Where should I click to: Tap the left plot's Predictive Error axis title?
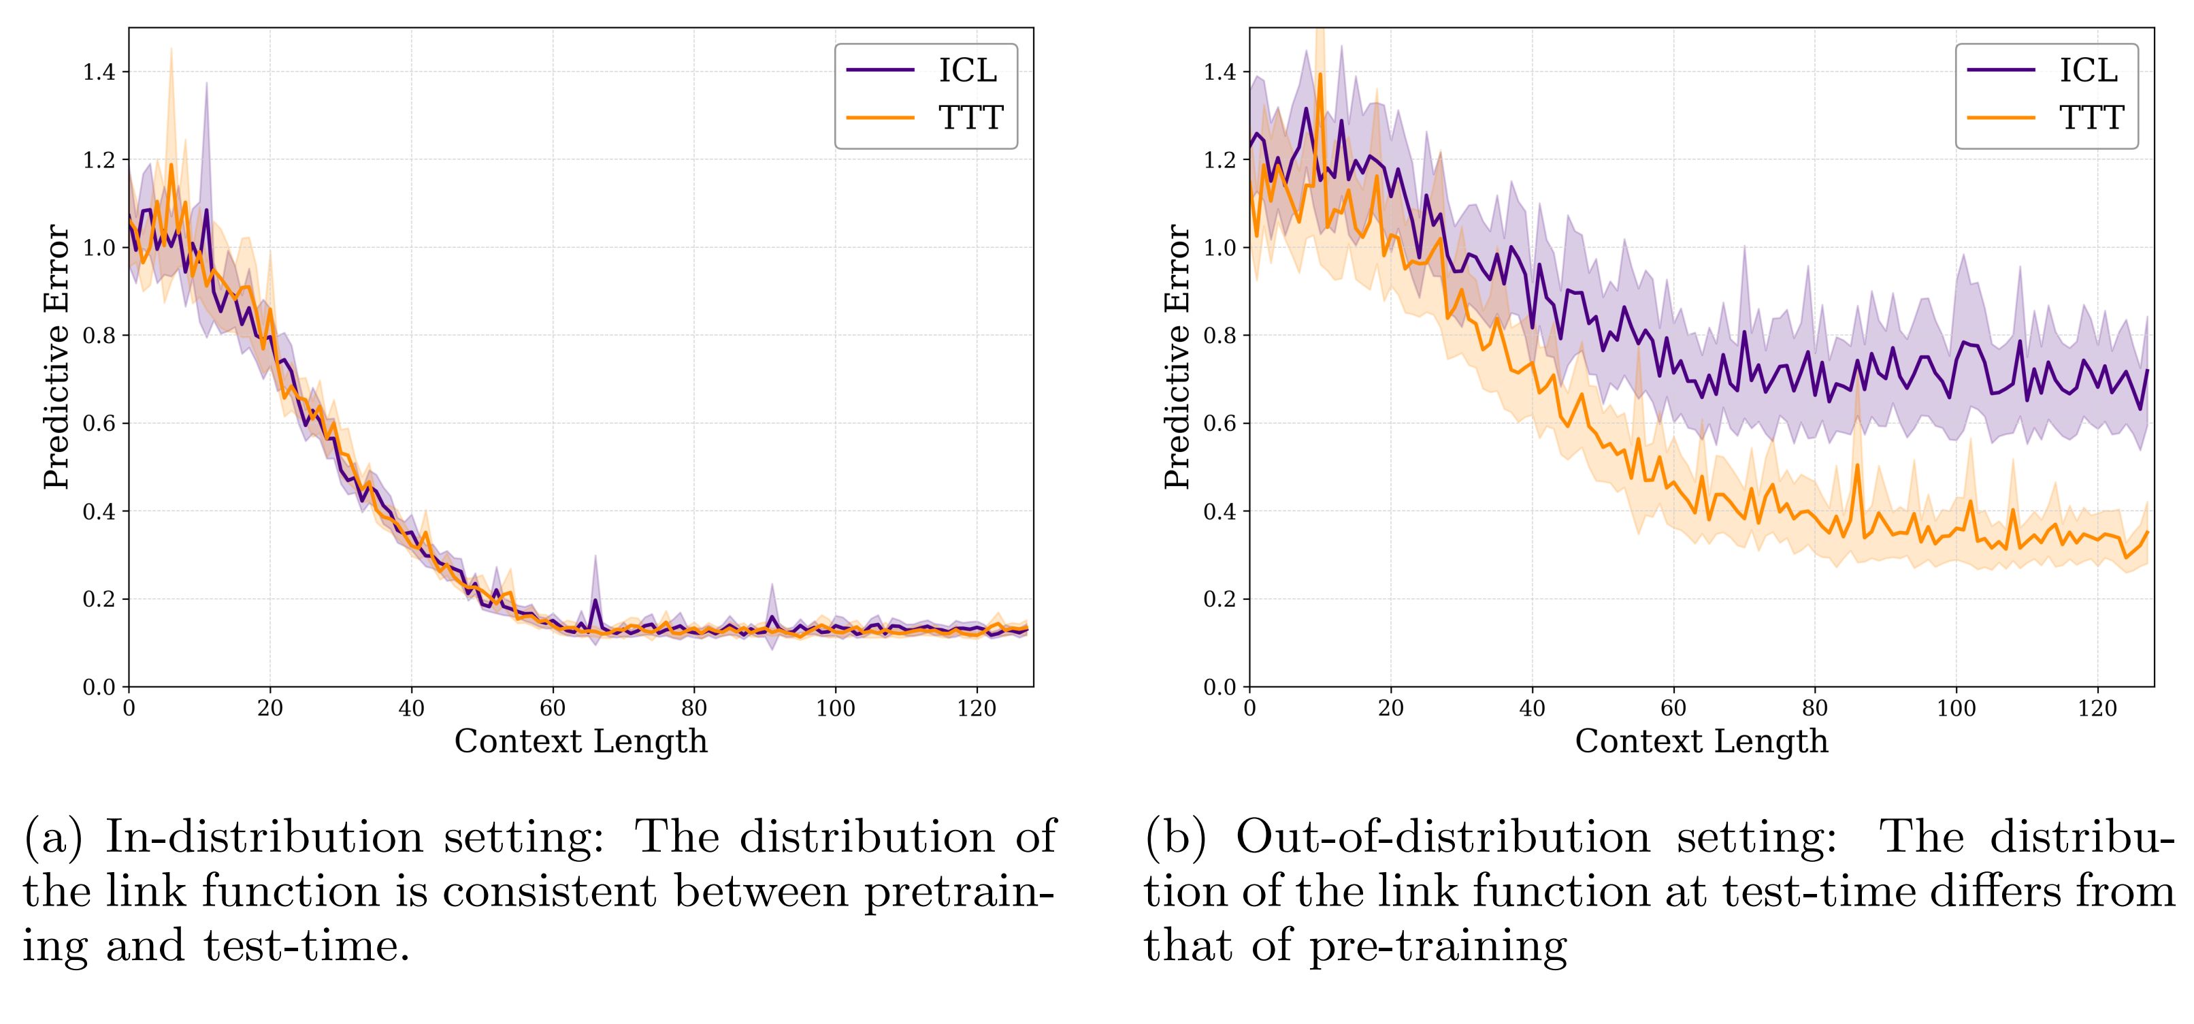[x=56, y=356]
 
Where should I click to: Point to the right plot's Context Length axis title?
[x=1701, y=741]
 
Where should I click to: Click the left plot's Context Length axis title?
[x=581, y=741]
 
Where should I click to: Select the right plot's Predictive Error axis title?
[x=1177, y=356]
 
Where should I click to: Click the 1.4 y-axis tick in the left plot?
[x=98, y=72]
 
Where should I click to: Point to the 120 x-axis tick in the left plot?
[x=976, y=709]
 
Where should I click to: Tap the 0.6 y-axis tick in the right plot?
[x=1219, y=423]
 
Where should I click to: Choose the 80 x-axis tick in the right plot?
[x=1815, y=709]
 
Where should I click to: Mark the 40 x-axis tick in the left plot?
[x=411, y=709]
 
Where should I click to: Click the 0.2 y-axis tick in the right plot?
[x=1219, y=599]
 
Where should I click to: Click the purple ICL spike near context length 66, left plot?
[x=595, y=601]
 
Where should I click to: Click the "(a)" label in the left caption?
[x=53, y=837]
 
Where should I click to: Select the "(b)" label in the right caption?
[x=1175, y=837]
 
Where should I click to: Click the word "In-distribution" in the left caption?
[x=264, y=837]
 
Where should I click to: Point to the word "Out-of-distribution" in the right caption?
[x=1443, y=837]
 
